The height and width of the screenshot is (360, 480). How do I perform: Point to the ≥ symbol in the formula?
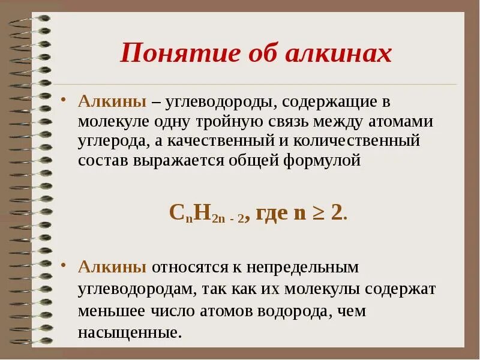[320, 214]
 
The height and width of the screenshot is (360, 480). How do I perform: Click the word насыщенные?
[129, 332]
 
